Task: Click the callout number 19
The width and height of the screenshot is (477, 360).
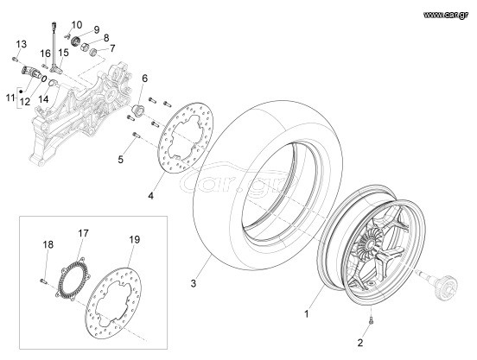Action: [135, 240]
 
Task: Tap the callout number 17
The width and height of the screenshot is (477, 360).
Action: [83, 233]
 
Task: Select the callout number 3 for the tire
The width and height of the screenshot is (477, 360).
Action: [194, 284]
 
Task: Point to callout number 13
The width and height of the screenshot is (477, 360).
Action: [22, 44]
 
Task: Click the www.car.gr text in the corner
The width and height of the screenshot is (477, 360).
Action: [446, 15]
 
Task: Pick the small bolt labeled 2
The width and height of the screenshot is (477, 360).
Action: [370, 319]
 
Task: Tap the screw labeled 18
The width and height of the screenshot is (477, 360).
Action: [43, 281]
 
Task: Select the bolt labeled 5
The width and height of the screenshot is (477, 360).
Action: [136, 136]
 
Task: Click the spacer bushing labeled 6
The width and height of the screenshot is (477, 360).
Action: [138, 110]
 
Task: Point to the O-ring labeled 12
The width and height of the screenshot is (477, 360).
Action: [44, 79]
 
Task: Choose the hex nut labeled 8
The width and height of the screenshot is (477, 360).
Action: [85, 47]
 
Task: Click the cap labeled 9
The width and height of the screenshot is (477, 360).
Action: [75, 41]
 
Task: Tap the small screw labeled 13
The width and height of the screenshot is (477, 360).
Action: [15, 59]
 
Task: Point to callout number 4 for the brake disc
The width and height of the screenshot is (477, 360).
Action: [151, 196]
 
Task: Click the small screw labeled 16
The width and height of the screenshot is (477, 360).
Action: [45, 66]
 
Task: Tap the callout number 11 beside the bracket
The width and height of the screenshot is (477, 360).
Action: [10, 98]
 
